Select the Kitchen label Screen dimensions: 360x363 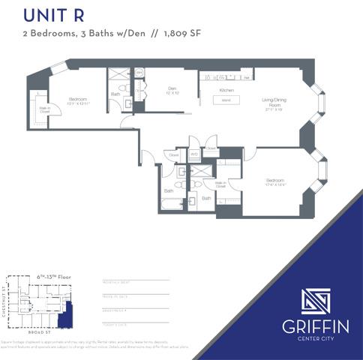pos(227,89)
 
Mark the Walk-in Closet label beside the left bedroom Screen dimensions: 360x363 pos(44,110)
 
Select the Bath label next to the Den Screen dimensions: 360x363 pos(115,94)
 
